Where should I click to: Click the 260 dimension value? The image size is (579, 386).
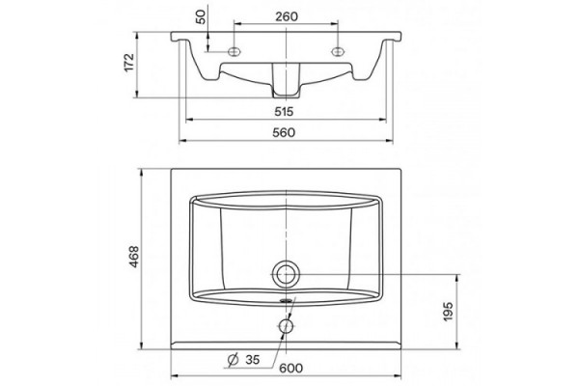[287, 16]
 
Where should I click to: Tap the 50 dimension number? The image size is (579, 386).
[202, 16]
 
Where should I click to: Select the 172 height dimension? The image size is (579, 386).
[129, 63]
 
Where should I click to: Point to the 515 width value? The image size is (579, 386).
[284, 111]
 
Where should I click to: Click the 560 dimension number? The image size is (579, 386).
[284, 132]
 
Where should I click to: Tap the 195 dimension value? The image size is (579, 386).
[448, 311]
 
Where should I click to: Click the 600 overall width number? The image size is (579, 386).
[291, 368]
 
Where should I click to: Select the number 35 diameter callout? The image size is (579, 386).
[253, 359]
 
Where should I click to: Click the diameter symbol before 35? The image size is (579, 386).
[233, 359]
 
